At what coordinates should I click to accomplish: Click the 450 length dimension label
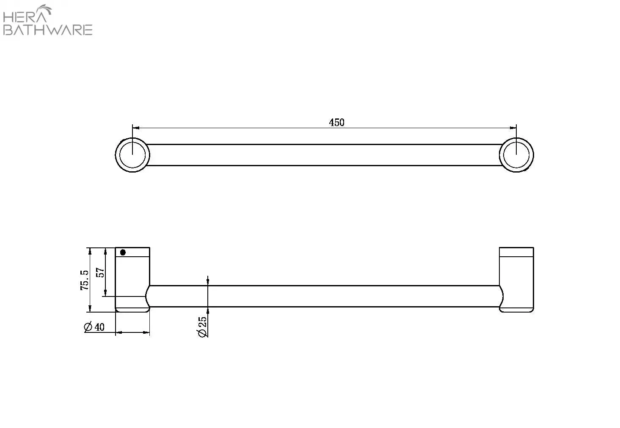tap(336, 122)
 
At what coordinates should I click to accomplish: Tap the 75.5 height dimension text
tap(85, 280)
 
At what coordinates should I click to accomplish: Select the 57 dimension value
tap(100, 272)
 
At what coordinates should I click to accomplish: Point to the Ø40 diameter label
tap(94, 327)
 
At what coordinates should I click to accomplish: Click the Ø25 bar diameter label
tap(203, 327)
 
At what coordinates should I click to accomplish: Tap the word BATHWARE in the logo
tap(47, 30)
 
